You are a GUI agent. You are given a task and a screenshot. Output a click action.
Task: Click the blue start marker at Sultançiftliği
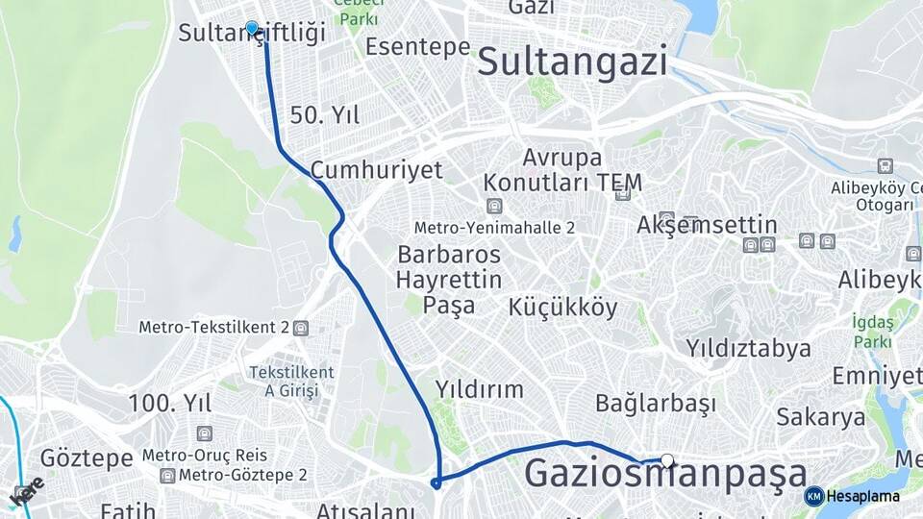252,29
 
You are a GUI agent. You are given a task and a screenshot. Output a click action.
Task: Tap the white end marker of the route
667,460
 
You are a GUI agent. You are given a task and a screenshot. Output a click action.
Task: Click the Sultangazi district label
572,62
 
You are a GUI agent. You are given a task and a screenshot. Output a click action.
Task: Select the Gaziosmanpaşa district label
665,475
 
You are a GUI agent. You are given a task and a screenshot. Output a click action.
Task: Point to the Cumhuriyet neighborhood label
376,171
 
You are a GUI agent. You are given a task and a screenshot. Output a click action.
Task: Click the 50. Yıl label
325,116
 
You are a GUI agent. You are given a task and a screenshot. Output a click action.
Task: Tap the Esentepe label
417,48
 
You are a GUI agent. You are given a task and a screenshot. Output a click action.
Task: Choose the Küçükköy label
562,308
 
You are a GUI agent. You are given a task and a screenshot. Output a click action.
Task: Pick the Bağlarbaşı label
656,403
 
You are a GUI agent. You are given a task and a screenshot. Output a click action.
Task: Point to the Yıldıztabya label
748,347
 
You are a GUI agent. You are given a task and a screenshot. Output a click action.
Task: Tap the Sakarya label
821,417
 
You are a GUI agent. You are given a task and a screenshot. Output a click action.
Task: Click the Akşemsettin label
707,225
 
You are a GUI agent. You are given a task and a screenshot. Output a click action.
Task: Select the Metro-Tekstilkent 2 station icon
301,328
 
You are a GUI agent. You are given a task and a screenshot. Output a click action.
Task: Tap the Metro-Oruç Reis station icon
204,433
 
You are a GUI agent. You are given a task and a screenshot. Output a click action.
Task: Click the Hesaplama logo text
862,497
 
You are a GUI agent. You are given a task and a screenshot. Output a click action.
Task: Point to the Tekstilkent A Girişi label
291,381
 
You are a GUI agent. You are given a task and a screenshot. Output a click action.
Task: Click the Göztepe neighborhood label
87,457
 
